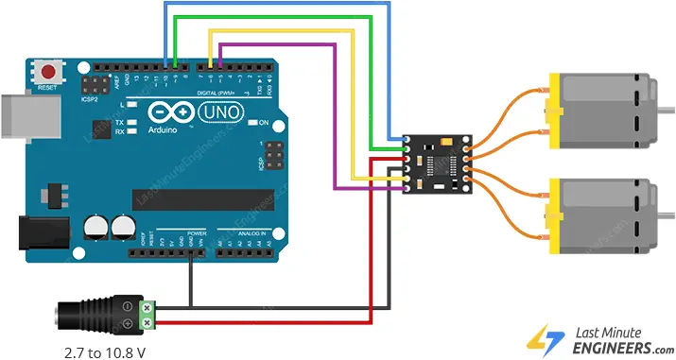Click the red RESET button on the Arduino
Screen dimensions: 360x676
tap(46, 70)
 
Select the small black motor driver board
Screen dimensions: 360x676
tap(441, 163)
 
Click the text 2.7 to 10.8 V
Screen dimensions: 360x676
tap(106, 351)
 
